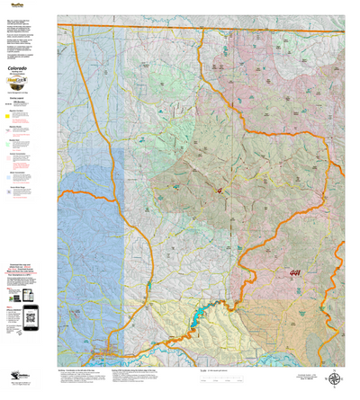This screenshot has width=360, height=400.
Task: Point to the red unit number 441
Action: [295, 273]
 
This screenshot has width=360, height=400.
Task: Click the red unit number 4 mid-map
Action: [219, 190]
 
